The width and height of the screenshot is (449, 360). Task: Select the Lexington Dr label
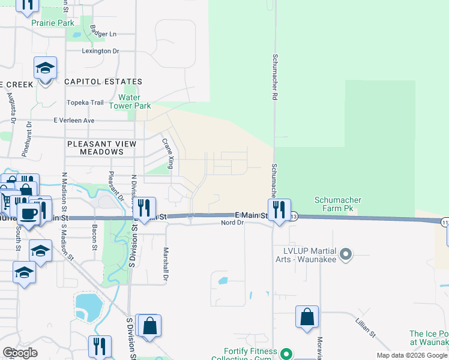[101, 51]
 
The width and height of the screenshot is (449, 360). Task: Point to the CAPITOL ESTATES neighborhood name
[103, 82]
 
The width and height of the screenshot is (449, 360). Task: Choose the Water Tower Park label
[129, 101]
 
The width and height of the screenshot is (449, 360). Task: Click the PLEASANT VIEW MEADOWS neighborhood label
[96, 148]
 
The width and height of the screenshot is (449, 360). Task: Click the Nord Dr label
[232, 223]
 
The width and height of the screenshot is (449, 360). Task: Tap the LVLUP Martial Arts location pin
[345, 254]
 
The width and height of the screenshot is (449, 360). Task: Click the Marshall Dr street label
[166, 265]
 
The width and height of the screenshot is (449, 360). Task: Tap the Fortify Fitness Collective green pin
[286, 354]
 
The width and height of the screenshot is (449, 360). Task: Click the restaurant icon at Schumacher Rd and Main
[279, 210]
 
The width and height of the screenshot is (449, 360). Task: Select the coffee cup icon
[28, 212]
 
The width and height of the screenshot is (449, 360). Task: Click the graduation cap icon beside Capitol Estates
[45, 68]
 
